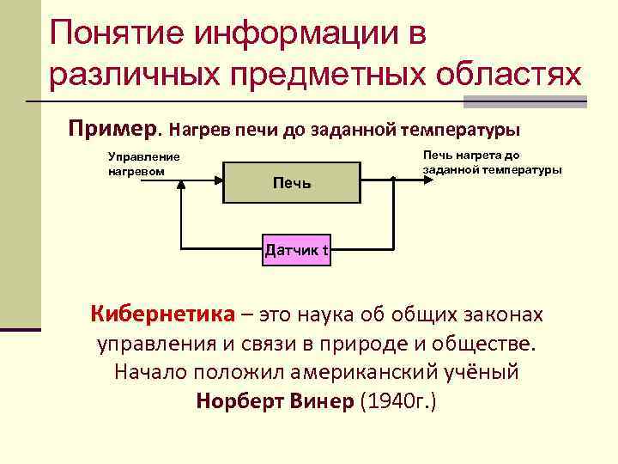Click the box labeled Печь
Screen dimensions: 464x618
(x=291, y=182)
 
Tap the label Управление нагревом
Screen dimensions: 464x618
(x=143, y=163)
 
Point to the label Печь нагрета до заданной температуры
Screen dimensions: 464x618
(x=493, y=162)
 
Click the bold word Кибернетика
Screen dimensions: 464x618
(x=161, y=314)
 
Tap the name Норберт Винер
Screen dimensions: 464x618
(x=274, y=401)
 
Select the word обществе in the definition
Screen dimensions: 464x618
(x=489, y=344)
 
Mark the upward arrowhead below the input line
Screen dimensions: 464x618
(x=181, y=190)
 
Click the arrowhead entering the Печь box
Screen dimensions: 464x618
(x=218, y=180)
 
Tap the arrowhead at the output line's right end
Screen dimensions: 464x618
(x=419, y=180)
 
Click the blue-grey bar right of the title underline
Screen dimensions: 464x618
(x=524, y=101)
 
